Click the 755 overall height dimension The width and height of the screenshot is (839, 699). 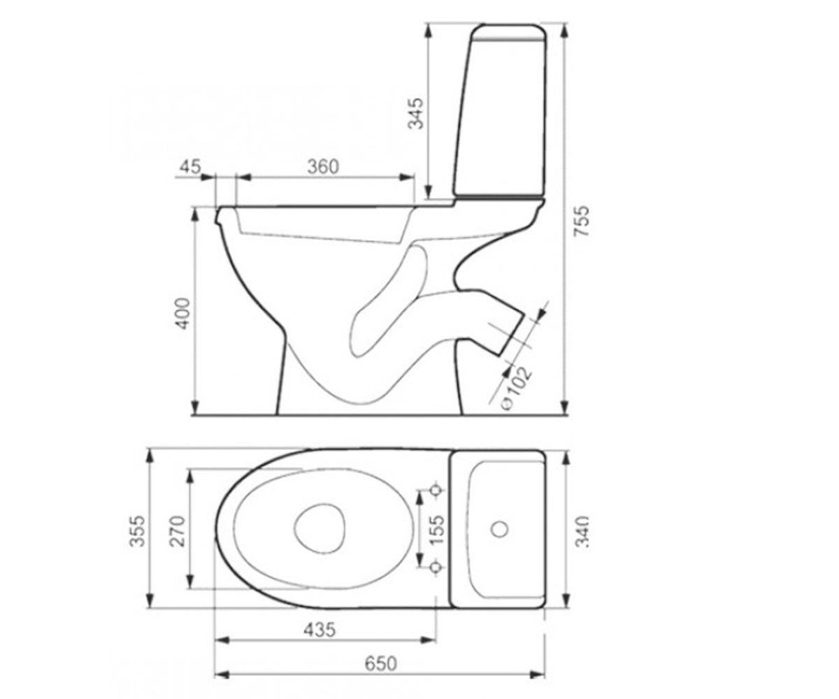tap(582, 221)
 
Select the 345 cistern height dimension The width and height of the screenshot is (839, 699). tap(416, 113)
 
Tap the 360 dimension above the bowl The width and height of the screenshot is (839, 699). tap(323, 166)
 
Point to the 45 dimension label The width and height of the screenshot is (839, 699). tap(190, 166)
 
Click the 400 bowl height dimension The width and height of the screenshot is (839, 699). tap(183, 313)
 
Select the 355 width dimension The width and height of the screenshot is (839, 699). tap(137, 531)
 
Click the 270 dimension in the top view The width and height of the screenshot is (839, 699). tap(177, 531)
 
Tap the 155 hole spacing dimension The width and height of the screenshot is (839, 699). tap(437, 529)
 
